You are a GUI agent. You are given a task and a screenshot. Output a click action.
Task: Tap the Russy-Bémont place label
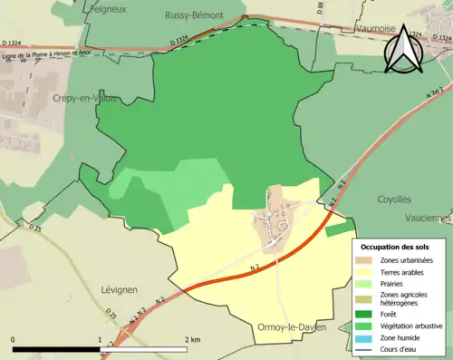coord(194,15)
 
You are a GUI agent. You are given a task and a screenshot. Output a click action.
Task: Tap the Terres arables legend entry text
coord(405,270)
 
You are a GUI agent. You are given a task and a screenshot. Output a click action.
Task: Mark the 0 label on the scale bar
coord(13,340)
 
